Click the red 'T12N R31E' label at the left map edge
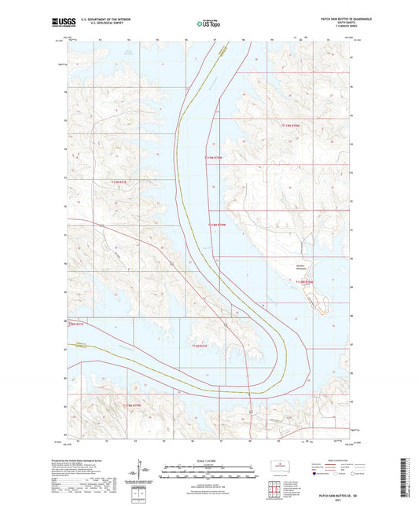click(76, 323)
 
